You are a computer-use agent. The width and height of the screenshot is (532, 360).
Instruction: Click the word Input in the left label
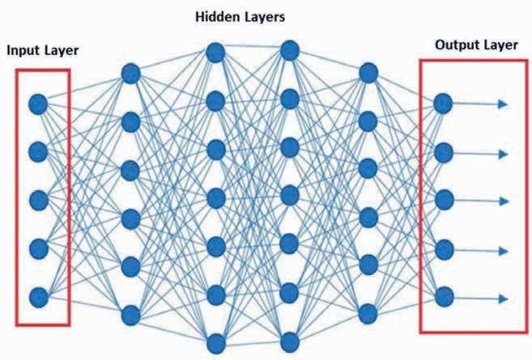coord(23,51)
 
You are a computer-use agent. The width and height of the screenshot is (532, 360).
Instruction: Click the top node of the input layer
coord(38,104)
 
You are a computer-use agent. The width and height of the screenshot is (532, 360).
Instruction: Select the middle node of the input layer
coord(38,199)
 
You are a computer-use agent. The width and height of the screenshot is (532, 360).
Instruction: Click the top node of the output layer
coord(442,103)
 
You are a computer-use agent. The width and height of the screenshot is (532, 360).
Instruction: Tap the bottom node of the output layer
coord(442,297)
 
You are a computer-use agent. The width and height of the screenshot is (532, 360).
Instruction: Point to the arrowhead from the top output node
coord(503,104)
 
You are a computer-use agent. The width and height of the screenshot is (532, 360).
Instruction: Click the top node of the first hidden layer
coord(131,74)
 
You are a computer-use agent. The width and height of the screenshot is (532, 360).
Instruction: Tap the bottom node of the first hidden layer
coord(131,313)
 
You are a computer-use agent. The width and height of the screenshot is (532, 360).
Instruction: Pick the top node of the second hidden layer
coord(215,53)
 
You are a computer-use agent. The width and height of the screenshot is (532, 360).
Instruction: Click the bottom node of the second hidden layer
coord(215,340)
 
